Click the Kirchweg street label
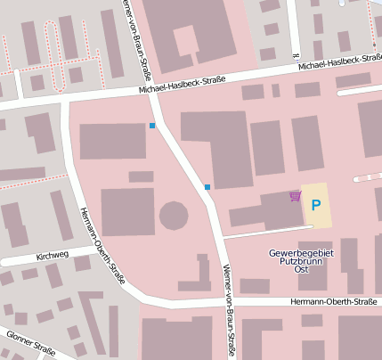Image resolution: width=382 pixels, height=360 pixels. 53,255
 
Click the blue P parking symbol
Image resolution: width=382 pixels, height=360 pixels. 315,205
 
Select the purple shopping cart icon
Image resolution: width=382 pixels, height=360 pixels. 295,196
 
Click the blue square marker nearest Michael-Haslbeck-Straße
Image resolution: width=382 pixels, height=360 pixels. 152,126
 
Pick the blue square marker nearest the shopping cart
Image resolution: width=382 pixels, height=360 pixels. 207,187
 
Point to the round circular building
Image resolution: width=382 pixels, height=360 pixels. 173,216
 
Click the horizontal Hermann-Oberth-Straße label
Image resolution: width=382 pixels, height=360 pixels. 327,302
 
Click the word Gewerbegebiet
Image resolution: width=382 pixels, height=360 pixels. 300,253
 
